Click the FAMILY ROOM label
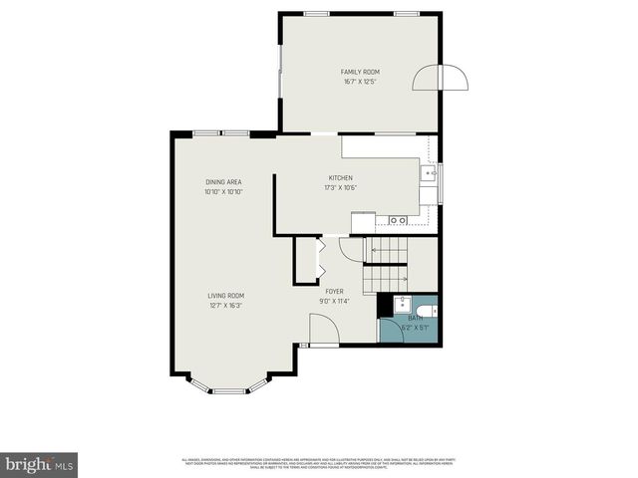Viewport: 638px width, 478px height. tap(360, 72)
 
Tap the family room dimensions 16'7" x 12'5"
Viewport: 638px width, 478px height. tap(360, 82)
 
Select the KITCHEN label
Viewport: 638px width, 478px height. tap(340, 177)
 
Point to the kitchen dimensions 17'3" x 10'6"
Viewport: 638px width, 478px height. tap(340, 187)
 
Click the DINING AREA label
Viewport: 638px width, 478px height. tap(223, 182)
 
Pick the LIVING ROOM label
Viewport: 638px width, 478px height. tap(225, 296)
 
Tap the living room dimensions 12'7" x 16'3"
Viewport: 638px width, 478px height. tap(225, 306)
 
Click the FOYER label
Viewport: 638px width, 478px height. tap(334, 291)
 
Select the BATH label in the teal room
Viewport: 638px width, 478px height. tap(414, 318)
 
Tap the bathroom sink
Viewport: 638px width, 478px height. tap(400, 302)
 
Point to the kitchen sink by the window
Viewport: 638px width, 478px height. tap(430, 175)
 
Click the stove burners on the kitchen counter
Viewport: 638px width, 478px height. tap(398, 220)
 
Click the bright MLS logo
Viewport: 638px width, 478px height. tap(40, 464)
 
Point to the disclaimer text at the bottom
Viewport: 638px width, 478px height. tap(319, 462)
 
